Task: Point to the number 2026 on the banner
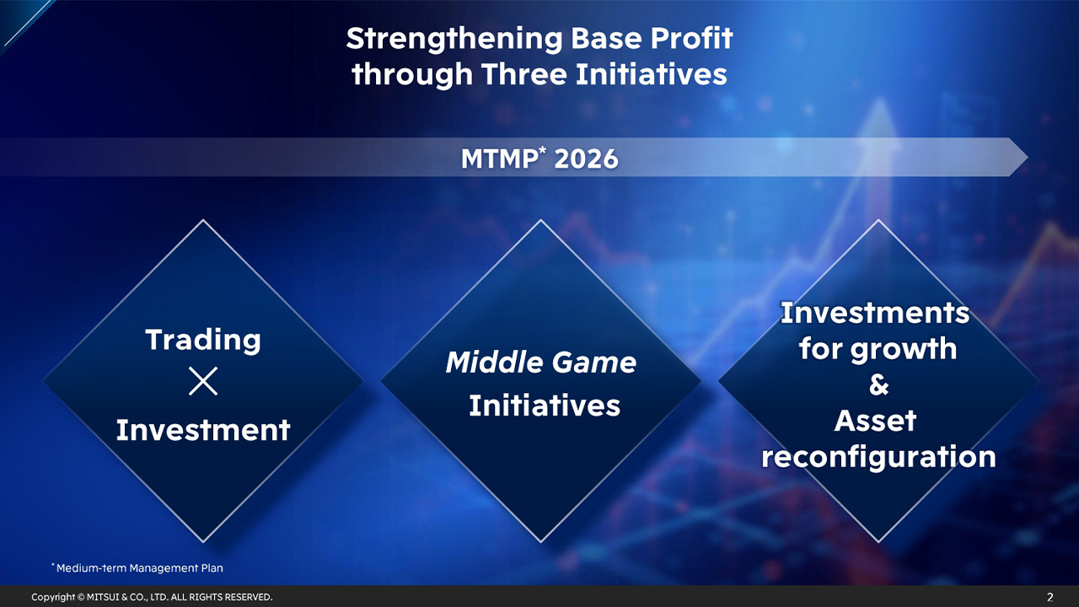(x=586, y=158)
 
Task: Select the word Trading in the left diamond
(x=203, y=340)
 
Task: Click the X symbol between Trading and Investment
(x=203, y=383)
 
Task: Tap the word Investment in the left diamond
(x=203, y=430)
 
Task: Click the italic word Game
(x=595, y=363)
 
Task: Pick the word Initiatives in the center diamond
(x=545, y=406)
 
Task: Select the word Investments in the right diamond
(x=875, y=313)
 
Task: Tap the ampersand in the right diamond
(x=878, y=385)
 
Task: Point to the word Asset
(x=875, y=421)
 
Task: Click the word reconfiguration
(x=878, y=457)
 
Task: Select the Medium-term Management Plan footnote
(x=139, y=568)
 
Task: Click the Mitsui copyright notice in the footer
(x=152, y=597)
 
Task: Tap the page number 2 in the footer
(x=1049, y=597)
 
